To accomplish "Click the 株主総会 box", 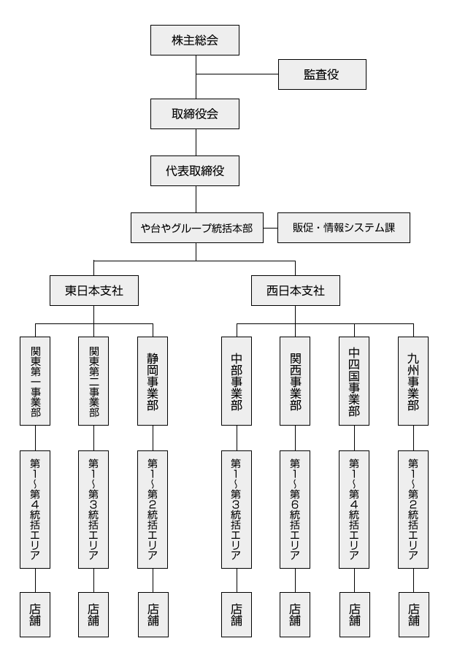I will pos(195,39).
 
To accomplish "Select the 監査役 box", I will pos(322,74).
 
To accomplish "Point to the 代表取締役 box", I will pos(195,170).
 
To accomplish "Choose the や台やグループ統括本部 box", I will pos(196,228).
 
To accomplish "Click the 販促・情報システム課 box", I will pos(344,228).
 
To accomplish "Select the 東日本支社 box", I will pos(94,291).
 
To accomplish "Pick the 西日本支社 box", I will pos(295,291).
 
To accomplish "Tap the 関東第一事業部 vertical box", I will pos(35,380).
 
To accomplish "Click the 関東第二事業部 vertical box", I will pos(94,380).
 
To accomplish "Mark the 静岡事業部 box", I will pos(153,380).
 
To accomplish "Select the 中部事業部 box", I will pos(237,380).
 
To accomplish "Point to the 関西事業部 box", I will pos(296,380).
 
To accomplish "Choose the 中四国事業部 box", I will pos(354,380).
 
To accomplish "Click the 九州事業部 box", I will pos(413,380).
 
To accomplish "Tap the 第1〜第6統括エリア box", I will pos(296,509).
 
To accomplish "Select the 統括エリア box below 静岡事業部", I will pos(153,509).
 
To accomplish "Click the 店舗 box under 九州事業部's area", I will pos(413,615).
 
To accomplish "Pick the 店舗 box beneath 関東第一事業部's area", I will pos(35,615).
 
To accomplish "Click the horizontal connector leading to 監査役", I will pos(237,74).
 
